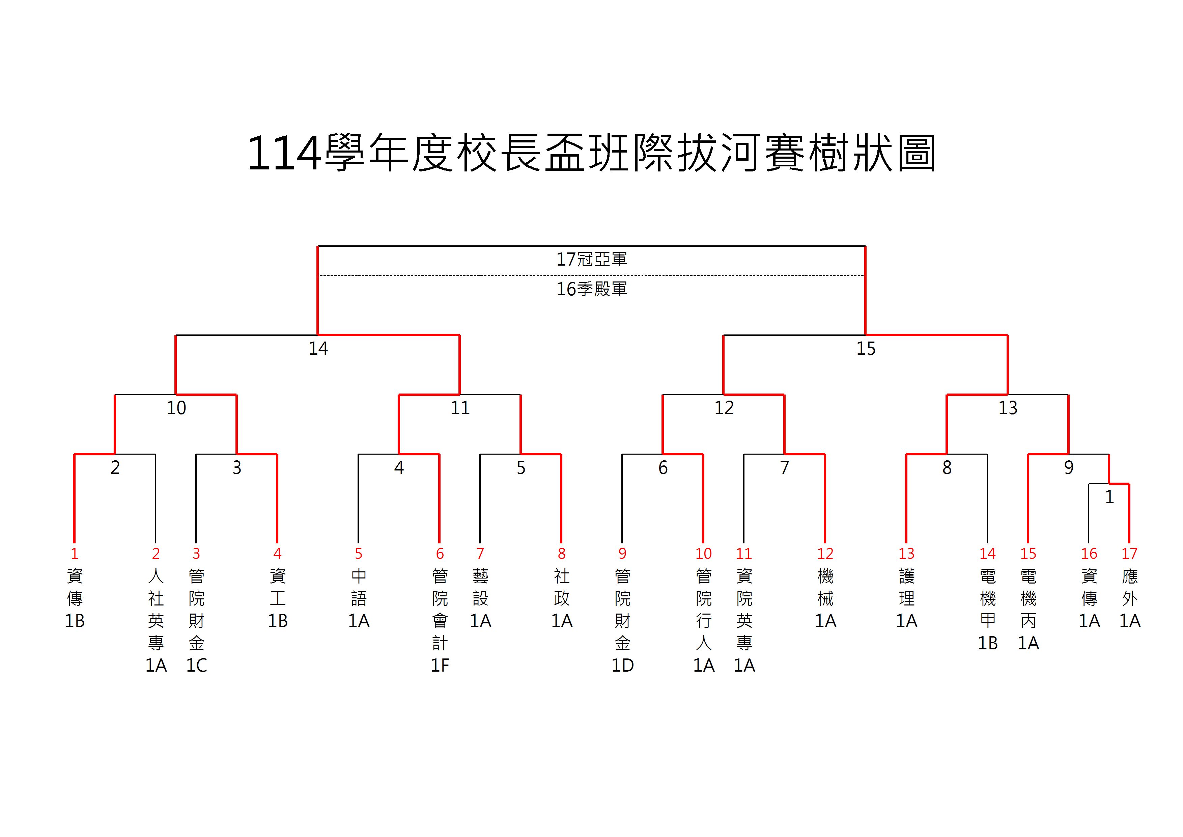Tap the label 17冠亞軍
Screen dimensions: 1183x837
pyautogui.click(x=592, y=259)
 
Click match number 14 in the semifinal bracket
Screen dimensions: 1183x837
pyautogui.click(x=318, y=348)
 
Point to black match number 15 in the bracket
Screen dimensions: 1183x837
pyautogui.click(x=866, y=348)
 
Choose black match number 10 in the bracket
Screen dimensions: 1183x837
pyautogui.click(x=176, y=408)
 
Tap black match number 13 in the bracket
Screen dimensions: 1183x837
pyautogui.click(x=1008, y=408)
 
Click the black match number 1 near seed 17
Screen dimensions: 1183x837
pyautogui.click(x=1109, y=497)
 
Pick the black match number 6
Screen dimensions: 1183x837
pyautogui.click(x=663, y=467)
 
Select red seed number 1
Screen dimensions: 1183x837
pyautogui.click(x=75, y=553)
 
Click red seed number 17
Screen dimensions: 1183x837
pyautogui.click(x=1129, y=553)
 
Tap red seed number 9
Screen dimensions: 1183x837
pyautogui.click(x=622, y=553)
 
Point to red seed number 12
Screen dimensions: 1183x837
pyautogui.click(x=825, y=553)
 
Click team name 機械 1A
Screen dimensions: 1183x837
pyautogui.click(x=825, y=598)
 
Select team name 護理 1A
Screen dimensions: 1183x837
pyautogui.click(x=907, y=598)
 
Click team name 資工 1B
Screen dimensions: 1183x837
pyautogui.click(x=278, y=598)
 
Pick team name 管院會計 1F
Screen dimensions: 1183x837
pyautogui.click(x=440, y=621)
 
